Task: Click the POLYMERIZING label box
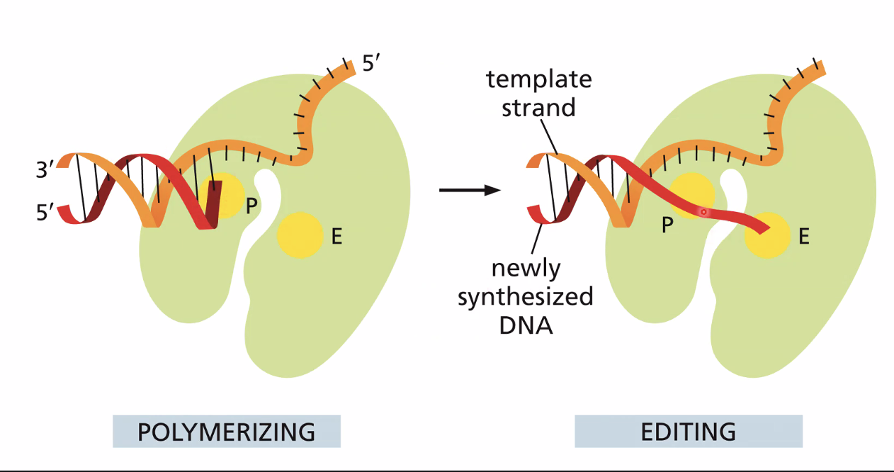coord(227,432)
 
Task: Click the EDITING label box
coord(688,432)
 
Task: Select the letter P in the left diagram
coord(251,207)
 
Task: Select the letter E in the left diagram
coord(336,237)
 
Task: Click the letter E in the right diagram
coord(803,237)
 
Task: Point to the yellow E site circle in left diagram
coord(300,235)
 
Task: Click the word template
coord(538,79)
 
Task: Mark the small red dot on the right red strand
coord(703,212)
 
